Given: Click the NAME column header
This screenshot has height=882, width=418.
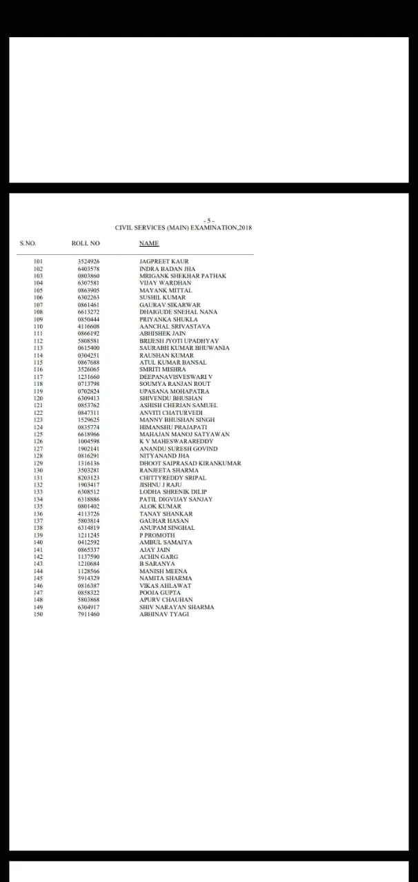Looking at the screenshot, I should pos(149,243).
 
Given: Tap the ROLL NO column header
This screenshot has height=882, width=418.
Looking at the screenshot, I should pos(86,243).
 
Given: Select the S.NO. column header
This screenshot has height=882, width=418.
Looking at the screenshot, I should pos(28,243).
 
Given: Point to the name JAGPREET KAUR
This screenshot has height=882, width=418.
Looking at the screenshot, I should pos(163,262).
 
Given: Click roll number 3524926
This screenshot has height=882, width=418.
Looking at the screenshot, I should pos(88,262).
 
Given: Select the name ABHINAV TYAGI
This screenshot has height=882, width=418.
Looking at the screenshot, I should pos(163,614).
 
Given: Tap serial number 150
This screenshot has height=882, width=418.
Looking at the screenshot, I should pos(38,614).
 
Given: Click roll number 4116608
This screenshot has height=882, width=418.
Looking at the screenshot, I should pos(88,327).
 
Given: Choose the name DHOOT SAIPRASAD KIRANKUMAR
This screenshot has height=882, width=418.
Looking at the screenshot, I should pos(190,463).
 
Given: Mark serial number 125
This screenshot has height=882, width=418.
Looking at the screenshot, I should pos(38,434).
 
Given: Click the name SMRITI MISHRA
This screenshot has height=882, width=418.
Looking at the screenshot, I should pos(163,369).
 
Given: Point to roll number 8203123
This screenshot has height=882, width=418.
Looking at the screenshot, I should pos(88,478).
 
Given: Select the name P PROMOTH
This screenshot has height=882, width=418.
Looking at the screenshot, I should pos(157,535).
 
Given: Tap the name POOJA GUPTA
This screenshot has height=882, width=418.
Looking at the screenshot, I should pos(160,593).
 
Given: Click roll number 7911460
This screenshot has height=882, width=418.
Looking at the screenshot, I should pos(88,614).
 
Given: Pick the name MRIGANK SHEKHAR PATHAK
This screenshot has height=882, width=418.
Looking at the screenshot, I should pos(183,276).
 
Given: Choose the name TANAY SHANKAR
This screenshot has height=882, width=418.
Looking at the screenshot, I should pos(166,513).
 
